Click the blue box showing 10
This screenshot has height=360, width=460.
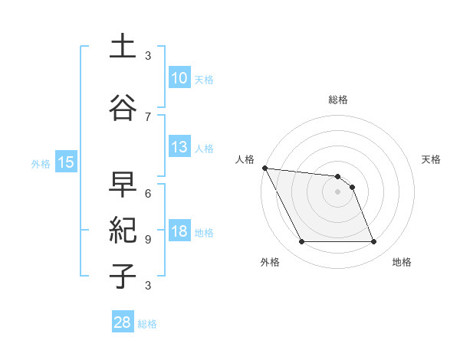[179, 78]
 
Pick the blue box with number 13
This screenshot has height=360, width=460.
[179, 147]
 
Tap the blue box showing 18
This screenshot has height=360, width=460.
[179, 231]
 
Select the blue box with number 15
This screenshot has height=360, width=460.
[65, 162]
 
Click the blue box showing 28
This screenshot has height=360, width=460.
[123, 322]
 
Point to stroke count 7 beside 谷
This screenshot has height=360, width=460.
[148, 116]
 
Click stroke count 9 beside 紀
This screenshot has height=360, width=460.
[148, 239]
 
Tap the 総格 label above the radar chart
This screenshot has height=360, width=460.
[338, 100]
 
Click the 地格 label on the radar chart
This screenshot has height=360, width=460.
[402, 263]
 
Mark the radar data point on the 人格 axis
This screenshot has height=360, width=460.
[264, 168]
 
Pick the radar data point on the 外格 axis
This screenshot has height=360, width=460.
[301, 242]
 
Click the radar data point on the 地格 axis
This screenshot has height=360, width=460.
[374, 242]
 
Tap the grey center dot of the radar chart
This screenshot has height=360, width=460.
[338, 191]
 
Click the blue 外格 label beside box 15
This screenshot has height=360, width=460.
[41, 163]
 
